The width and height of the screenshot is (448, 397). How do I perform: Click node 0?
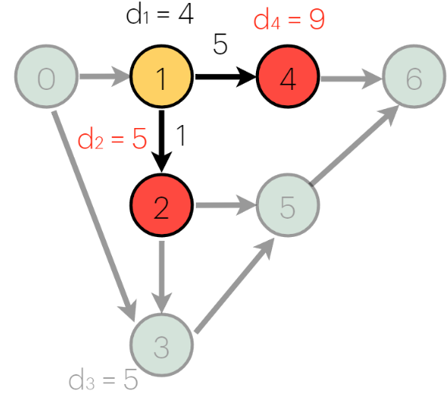point(46,78)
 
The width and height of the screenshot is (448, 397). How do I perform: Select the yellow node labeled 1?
point(161,78)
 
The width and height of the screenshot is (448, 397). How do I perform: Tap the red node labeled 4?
point(288,78)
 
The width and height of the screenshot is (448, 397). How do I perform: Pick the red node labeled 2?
point(161,207)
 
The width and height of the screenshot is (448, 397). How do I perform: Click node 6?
point(414,78)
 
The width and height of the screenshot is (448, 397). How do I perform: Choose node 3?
point(161,347)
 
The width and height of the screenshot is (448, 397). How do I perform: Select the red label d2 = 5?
point(112,141)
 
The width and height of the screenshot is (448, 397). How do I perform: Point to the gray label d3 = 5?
point(103,379)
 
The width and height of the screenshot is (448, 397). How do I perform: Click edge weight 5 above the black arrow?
point(220,46)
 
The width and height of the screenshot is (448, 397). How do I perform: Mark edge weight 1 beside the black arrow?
point(181,136)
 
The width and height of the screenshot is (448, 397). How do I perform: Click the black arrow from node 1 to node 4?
point(225,77)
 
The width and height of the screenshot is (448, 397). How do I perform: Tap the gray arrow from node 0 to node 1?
point(103,77)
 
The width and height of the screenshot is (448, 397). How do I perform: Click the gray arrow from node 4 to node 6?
point(350,77)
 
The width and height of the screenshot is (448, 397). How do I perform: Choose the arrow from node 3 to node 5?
point(232,287)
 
